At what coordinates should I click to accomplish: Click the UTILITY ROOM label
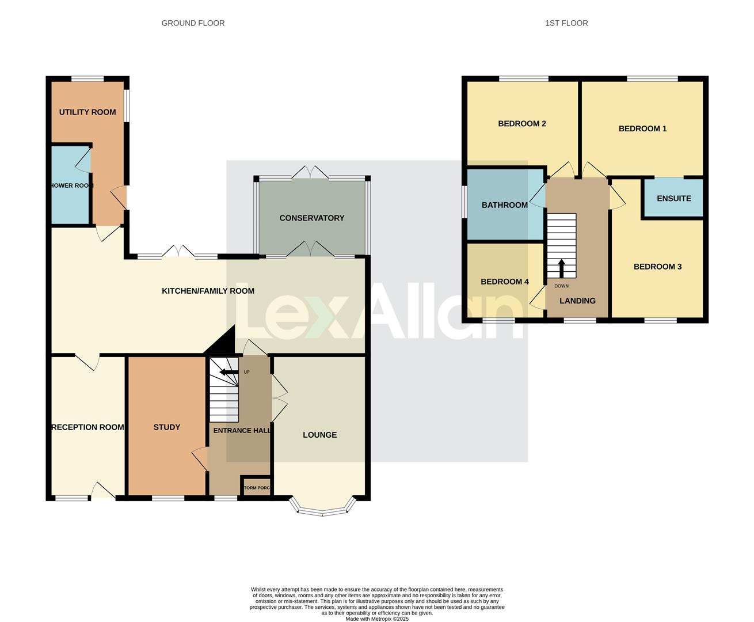[87, 112]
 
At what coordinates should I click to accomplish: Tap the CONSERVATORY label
[311, 218]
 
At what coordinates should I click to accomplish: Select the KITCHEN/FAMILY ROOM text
[208, 291]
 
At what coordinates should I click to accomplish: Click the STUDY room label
[166, 427]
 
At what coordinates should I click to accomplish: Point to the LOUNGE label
[319, 435]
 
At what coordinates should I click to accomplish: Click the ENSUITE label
[673, 198]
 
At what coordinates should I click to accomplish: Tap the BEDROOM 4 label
[504, 282]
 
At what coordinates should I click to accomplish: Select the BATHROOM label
[504, 205]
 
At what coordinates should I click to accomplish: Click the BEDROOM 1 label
[642, 128]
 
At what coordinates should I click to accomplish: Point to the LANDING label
[577, 301]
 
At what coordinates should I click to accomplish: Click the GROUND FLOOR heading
[193, 23]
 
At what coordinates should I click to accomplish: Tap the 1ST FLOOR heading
[566, 23]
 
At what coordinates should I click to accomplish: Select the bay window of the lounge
[322, 508]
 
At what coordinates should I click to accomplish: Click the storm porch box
[256, 487]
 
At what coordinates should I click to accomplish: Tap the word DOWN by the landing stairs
[561, 286]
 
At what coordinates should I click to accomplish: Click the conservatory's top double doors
[311, 172]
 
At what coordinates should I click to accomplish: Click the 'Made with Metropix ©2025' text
[377, 619]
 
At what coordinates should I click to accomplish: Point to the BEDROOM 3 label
[657, 267]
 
